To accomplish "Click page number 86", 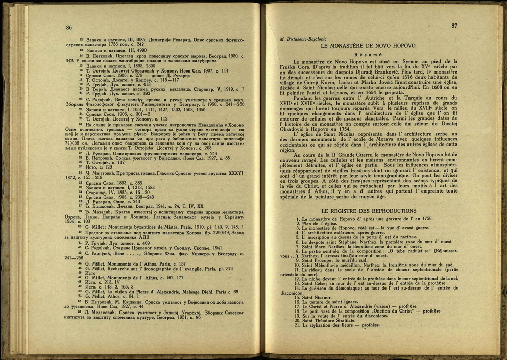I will point(68,28).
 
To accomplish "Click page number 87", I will point(454,26).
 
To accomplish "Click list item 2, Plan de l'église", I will point(317,223).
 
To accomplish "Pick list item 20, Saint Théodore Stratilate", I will point(331,320).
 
